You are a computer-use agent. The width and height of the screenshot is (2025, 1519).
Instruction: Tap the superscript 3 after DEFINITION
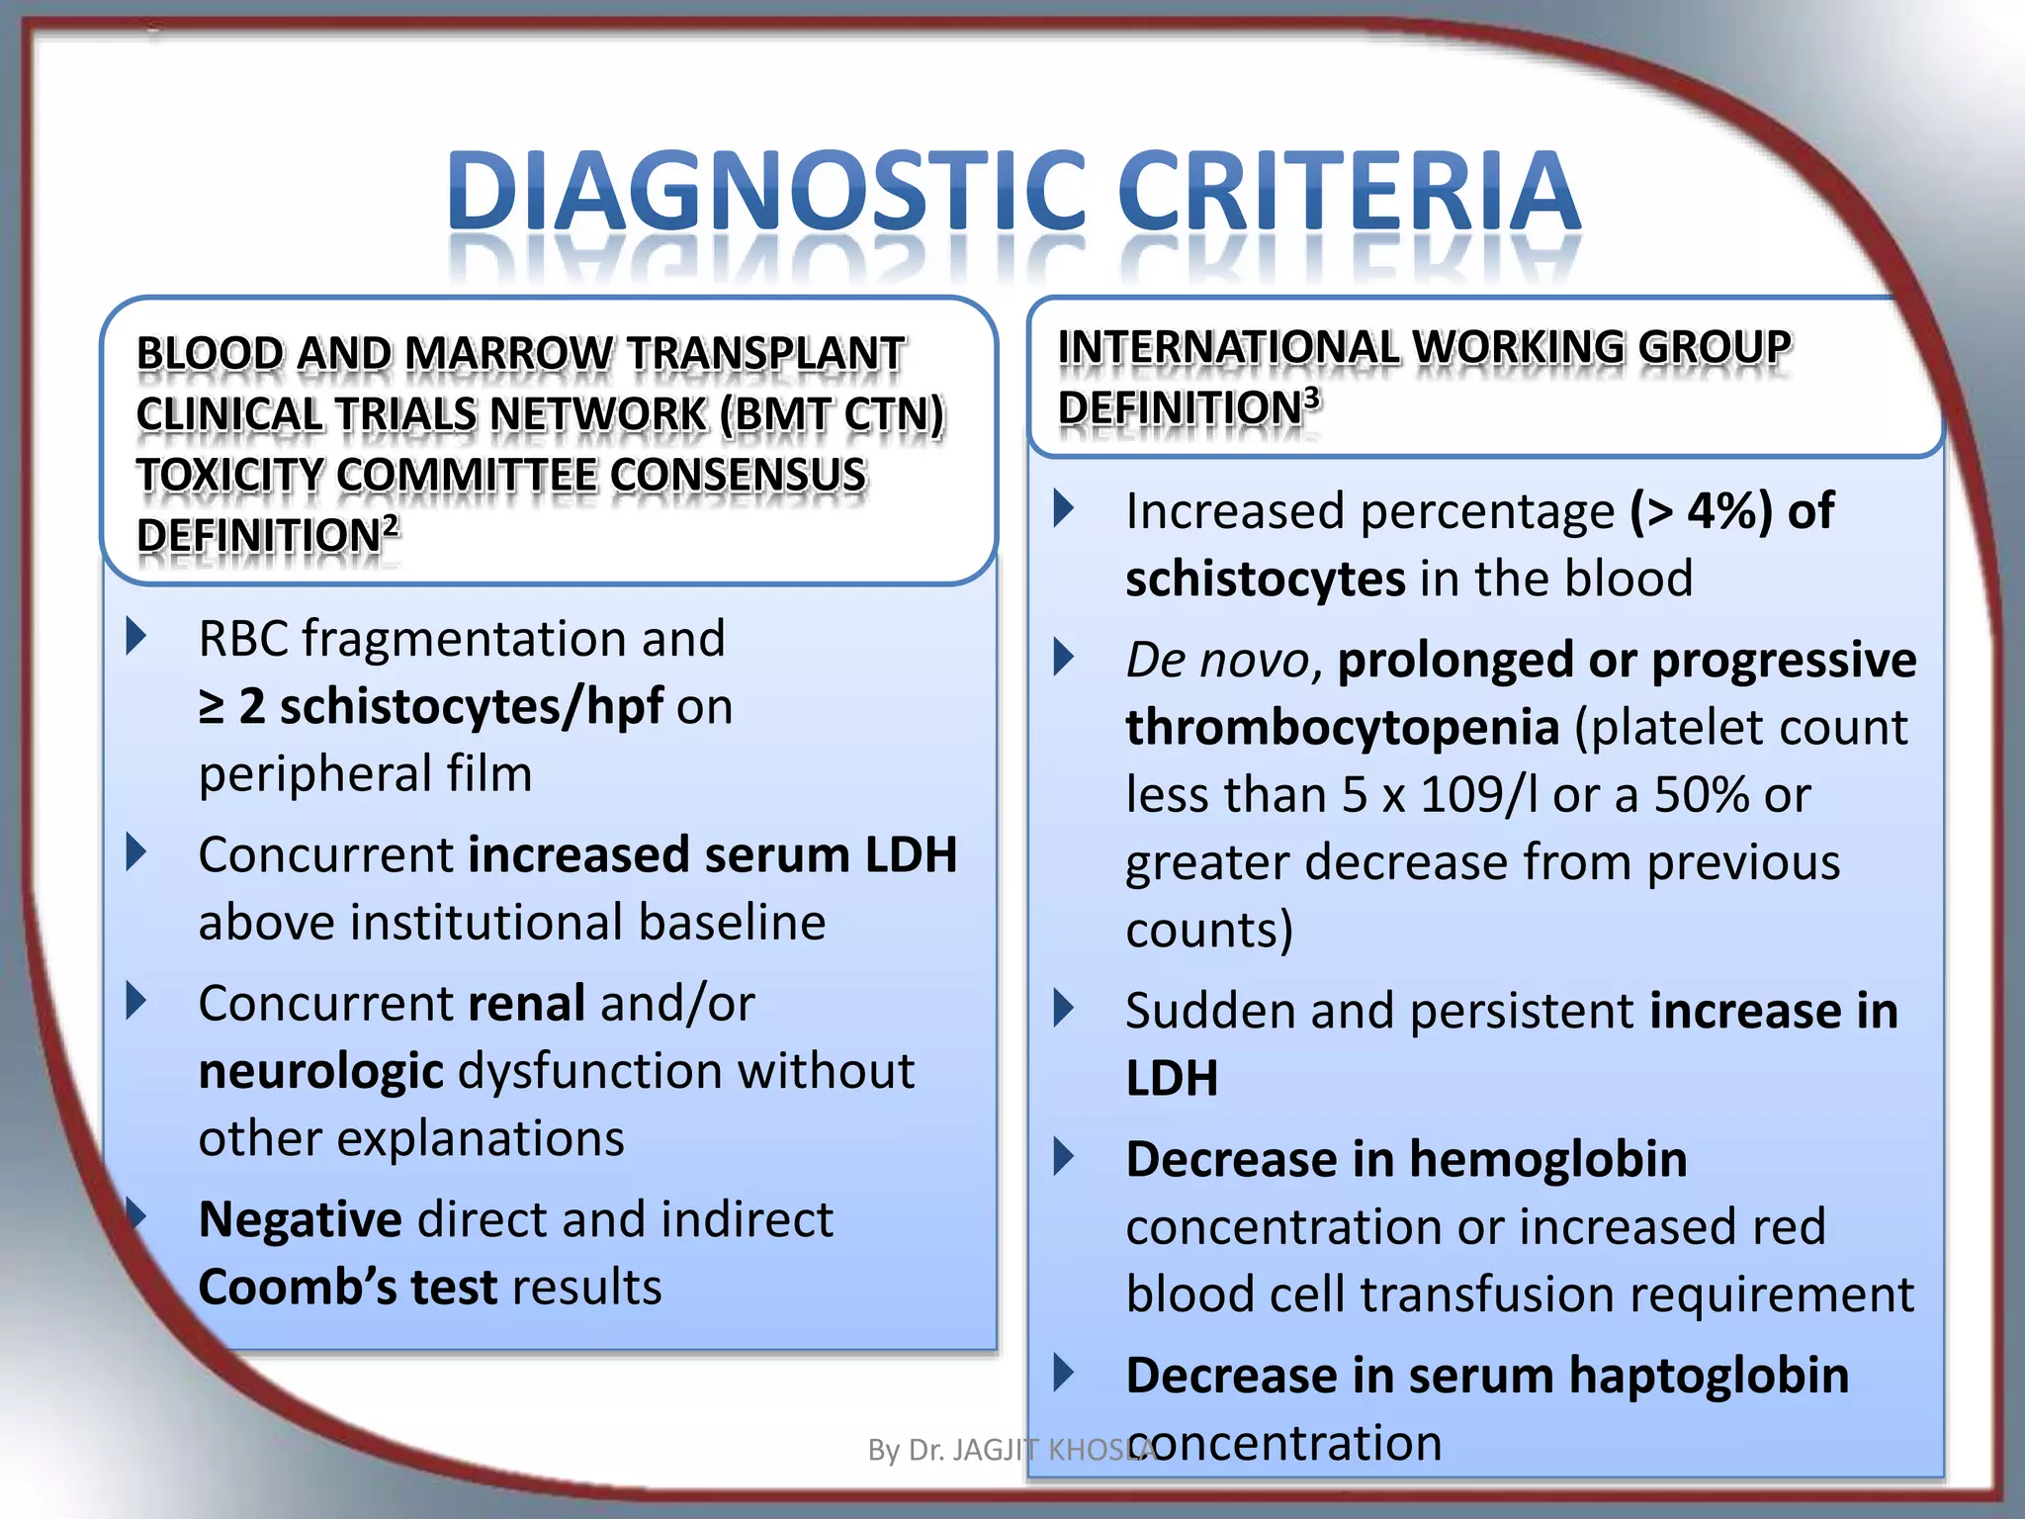[1311, 398]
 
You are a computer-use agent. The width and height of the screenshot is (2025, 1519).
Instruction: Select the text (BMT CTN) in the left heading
[832, 414]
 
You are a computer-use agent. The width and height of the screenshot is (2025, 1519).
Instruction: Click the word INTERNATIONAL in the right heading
[1228, 347]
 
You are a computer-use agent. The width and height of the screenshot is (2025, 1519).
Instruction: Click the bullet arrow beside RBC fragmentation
[136, 637]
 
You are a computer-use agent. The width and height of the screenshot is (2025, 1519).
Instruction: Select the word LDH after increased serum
[911, 854]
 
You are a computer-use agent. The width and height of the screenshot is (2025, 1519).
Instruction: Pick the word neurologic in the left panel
[320, 1072]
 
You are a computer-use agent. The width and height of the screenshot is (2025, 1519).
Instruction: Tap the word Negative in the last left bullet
[300, 1219]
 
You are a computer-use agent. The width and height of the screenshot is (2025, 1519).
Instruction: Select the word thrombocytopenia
[1342, 728]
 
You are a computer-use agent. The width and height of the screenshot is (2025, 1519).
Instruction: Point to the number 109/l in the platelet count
[1478, 795]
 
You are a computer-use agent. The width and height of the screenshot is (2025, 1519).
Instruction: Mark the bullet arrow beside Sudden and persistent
[1064, 1009]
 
